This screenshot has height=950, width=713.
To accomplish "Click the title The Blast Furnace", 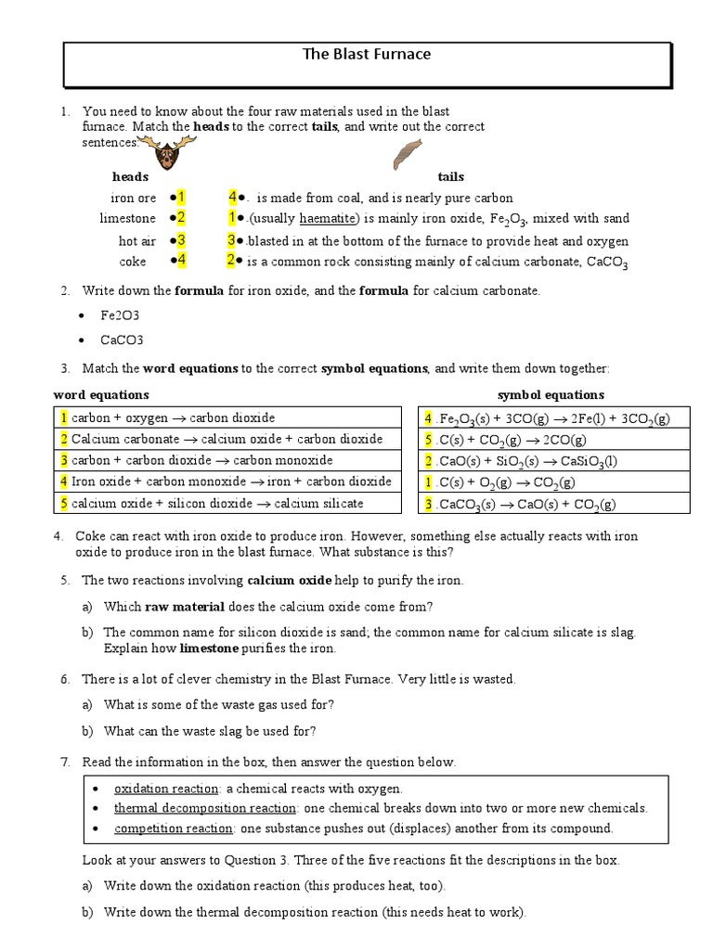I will coord(367,54).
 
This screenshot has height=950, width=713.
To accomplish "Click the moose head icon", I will coord(168,153).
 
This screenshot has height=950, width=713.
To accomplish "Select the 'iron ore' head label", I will coord(134,198).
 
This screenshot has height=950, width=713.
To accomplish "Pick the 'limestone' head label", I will coord(128,218).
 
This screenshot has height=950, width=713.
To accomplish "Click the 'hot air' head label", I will coord(137,240).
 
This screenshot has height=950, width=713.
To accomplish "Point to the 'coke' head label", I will coord(134,261).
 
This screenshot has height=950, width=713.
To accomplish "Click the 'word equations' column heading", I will coord(101,395).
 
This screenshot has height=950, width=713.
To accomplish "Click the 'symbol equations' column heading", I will coord(551,395).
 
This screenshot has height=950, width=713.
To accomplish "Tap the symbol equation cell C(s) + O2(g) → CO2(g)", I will coord(505,482).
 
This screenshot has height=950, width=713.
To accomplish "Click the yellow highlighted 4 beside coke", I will coord(182,260).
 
